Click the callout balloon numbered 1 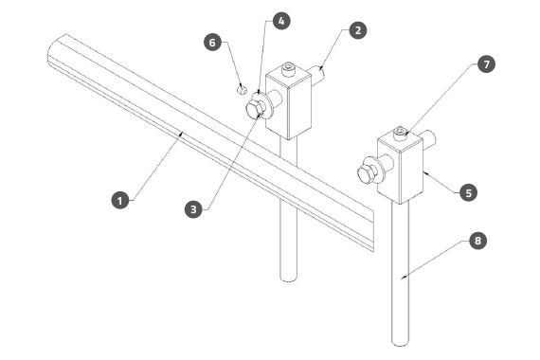tap(120, 200)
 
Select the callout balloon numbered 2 tap(358, 30)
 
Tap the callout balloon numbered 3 tap(193, 209)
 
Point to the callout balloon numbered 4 tap(281, 21)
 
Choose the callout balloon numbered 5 tap(469, 192)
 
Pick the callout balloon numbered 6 tap(212, 43)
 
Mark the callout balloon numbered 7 tap(486, 64)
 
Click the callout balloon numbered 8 tap(477, 241)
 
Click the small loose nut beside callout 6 tap(243, 90)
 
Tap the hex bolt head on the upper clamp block tap(255, 110)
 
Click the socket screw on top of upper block tap(289, 69)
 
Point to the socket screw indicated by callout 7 tap(401, 134)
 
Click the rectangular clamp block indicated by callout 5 tap(400, 168)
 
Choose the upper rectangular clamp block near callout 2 tap(288, 102)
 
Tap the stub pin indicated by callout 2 tap(317, 74)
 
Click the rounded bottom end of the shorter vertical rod tap(289, 279)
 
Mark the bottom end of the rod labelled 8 tap(401, 342)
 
